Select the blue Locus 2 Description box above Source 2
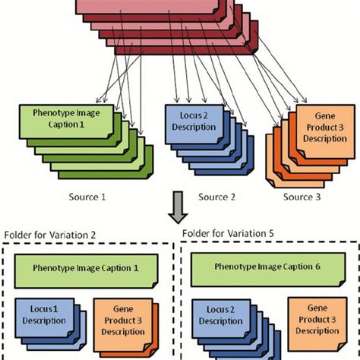coord(194,120)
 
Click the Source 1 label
coord(87,197)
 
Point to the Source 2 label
coord(219,197)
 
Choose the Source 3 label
coord(303,197)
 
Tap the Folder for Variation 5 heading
coord(229,233)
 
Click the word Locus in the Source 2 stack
coord(187,115)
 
